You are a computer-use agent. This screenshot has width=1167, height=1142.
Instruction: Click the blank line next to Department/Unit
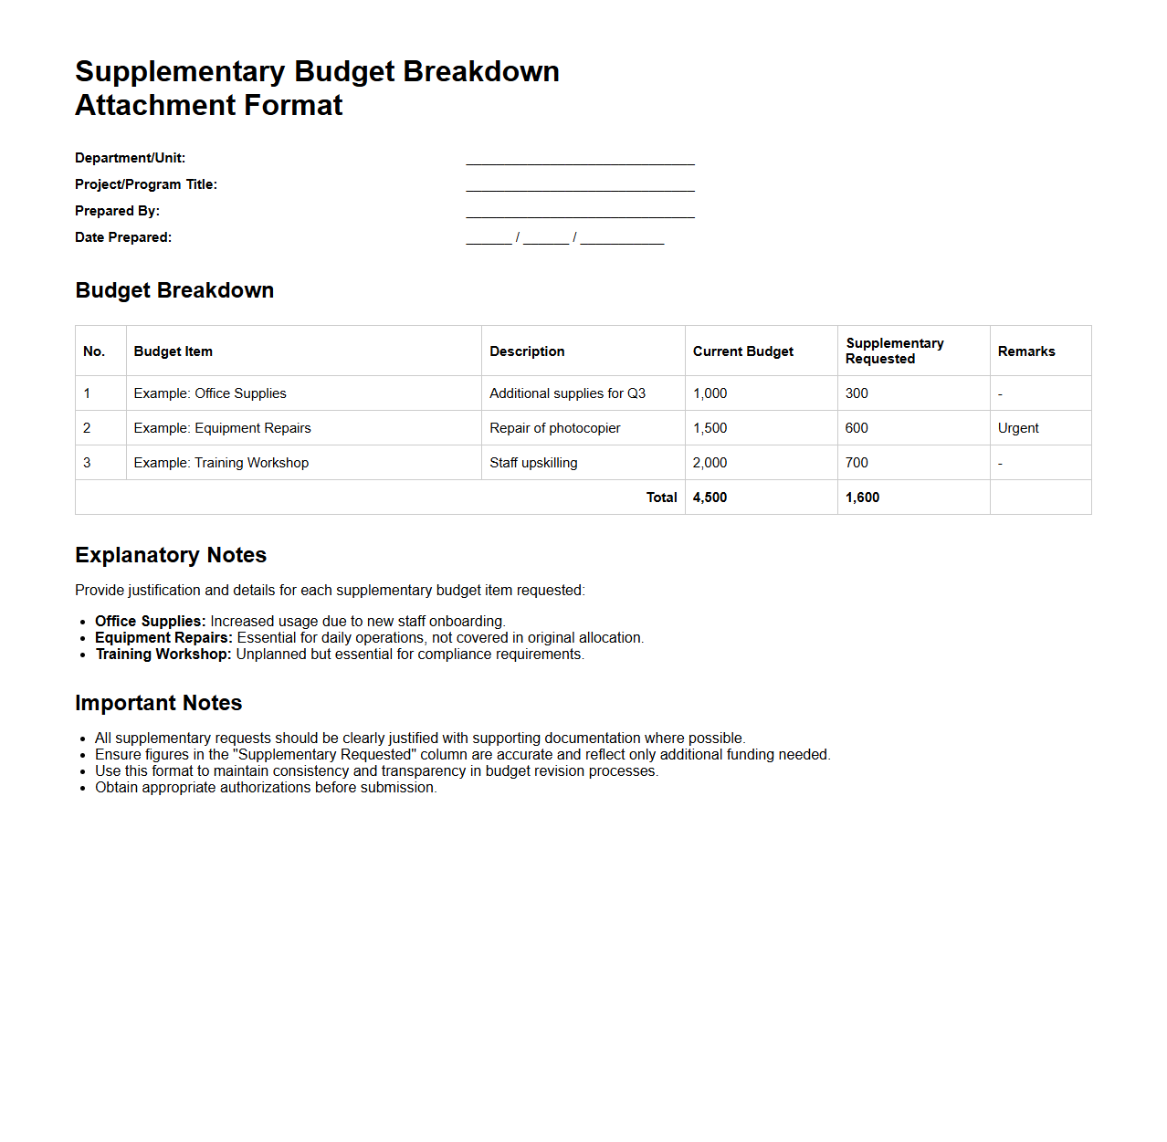point(580,160)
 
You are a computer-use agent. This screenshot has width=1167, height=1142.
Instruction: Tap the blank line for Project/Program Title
point(580,186)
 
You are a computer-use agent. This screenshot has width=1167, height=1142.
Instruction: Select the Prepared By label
point(117,211)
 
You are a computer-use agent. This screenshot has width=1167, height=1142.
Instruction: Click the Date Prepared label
point(123,237)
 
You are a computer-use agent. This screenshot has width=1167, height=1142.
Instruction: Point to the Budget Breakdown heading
point(174,290)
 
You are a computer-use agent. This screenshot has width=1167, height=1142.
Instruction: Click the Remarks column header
point(1026,351)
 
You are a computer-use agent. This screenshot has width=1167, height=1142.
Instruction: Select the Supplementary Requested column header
point(894,351)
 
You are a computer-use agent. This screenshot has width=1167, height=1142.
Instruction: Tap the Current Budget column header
point(742,351)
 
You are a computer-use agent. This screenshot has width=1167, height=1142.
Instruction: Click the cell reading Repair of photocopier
point(554,428)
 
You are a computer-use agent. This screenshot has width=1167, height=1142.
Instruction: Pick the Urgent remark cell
point(1018,428)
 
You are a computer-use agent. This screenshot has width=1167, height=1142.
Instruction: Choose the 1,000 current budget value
point(710,393)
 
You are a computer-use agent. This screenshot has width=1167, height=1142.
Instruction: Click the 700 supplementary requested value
point(857,463)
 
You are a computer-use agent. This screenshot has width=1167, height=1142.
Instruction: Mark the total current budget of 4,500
point(710,498)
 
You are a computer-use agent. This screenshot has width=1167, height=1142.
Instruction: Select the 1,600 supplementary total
point(862,498)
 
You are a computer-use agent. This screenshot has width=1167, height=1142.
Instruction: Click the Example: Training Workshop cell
point(221,463)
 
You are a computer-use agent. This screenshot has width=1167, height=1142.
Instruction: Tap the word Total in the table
point(661,498)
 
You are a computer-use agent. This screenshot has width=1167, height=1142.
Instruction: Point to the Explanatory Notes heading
point(171,555)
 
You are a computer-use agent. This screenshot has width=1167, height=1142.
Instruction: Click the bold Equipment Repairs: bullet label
point(163,638)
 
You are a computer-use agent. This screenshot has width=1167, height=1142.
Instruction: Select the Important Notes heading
point(158,703)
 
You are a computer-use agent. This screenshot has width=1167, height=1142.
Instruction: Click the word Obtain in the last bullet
point(116,788)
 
